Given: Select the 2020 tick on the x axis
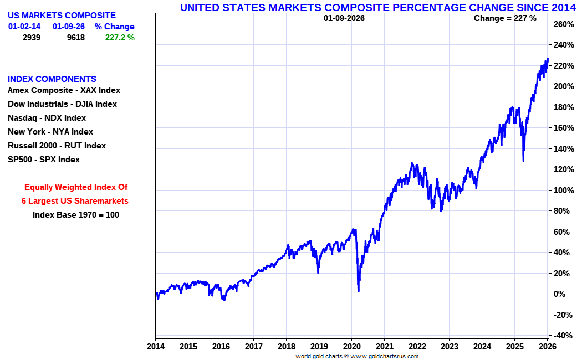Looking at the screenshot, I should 352,347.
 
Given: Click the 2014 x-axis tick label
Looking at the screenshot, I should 155,347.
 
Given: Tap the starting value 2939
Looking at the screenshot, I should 31,38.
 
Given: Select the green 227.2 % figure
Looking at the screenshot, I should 120,38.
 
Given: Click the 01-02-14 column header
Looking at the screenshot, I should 24,27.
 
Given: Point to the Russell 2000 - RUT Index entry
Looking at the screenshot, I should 57,146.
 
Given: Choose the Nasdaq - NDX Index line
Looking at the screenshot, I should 47,118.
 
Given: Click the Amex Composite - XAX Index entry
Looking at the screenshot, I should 64,90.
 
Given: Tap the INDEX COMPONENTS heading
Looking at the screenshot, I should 52,79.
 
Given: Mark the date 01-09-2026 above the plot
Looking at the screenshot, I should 344,18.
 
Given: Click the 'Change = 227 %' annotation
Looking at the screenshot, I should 505,18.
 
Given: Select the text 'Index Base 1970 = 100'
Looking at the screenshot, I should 75,215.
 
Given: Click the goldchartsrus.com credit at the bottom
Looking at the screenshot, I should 357,356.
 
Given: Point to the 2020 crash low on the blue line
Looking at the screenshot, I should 359,290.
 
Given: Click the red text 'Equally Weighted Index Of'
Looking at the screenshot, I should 76,187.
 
